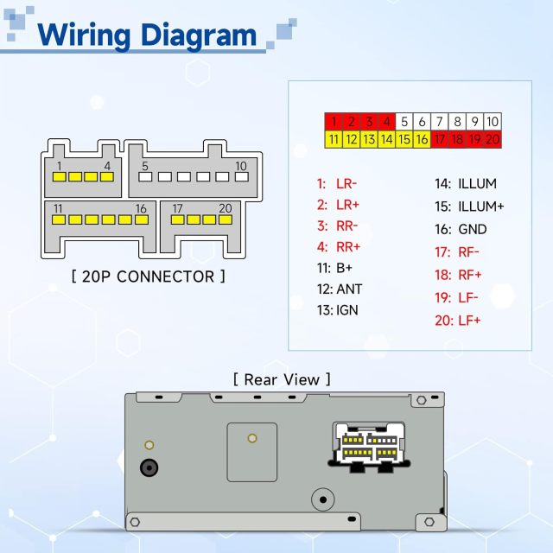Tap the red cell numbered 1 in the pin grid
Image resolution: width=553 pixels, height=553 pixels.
(x=334, y=122)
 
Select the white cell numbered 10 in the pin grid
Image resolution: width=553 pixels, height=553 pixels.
(x=493, y=122)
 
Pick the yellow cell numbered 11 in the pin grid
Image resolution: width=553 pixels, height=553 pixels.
(x=334, y=138)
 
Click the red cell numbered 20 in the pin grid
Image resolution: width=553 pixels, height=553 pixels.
(x=493, y=138)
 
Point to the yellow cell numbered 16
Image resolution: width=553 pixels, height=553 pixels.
(x=422, y=138)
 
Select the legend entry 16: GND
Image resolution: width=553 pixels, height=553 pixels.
(x=461, y=229)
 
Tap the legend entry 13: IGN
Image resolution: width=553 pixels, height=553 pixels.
(x=337, y=310)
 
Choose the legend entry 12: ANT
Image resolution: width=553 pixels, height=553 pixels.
(x=339, y=289)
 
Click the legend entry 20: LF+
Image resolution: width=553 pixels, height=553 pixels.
(x=459, y=321)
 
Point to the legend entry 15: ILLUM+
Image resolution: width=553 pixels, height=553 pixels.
(x=469, y=207)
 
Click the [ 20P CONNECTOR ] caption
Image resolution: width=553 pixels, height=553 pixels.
(x=148, y=276)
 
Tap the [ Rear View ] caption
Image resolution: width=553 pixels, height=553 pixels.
(x=281, y=378)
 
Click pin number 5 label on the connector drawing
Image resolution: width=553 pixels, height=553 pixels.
(x=145, y=166)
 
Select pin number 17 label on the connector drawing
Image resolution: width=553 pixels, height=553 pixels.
(x=177, y=208)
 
